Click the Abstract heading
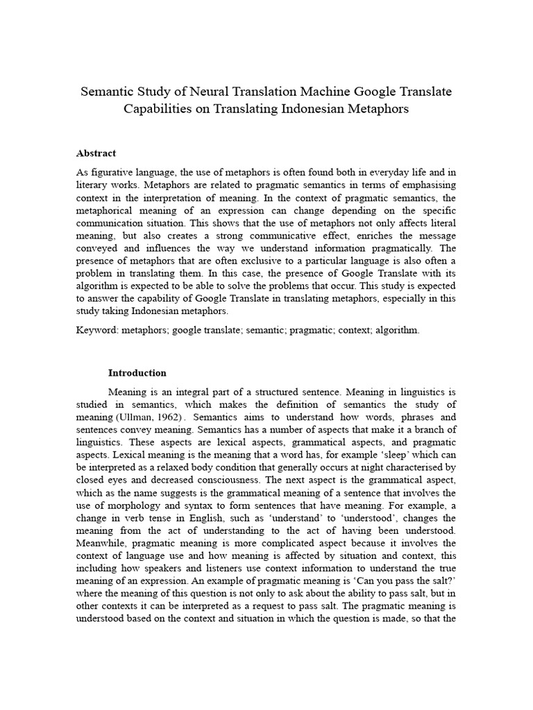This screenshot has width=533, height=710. (x=96, y=153)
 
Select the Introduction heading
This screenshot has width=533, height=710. (x=137, y=372)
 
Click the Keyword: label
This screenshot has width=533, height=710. (x=97, y=330)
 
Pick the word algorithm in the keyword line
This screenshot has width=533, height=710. (x=395, y=330)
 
